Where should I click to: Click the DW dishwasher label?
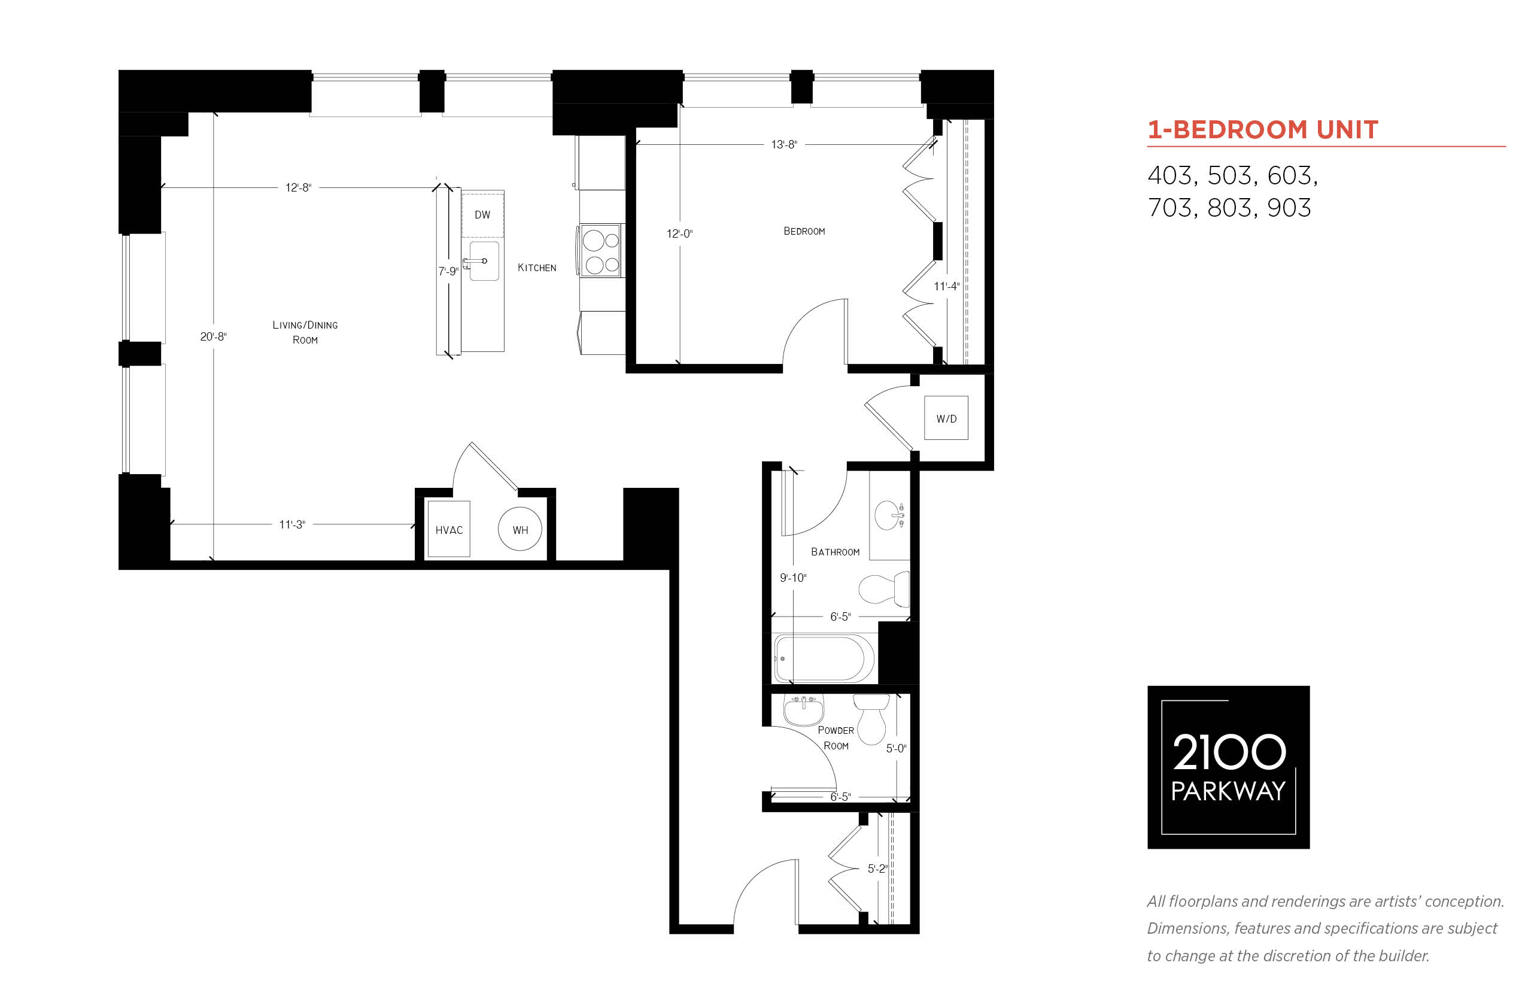(482, 215)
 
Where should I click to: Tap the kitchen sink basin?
(484, 261)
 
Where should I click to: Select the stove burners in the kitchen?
(600, 251)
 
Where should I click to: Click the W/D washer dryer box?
(946, 418)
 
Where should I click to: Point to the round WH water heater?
(520, 530)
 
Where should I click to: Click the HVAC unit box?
(449, 529)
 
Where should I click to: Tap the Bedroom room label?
(804, 232)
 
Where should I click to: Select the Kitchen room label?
(537, 268)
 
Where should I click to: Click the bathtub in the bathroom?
(825, 658)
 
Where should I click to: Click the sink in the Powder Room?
(803, 710)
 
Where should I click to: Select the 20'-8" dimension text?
(214, 337)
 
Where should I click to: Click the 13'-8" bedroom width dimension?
(784, 145)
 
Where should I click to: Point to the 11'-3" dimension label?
(292, 524)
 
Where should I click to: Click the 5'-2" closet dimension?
(877, 868)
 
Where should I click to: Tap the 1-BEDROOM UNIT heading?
(1262, 130)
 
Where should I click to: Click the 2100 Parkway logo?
(1228, 767)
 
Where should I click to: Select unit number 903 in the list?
(1289, 208)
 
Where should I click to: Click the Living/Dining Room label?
(305, 332)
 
